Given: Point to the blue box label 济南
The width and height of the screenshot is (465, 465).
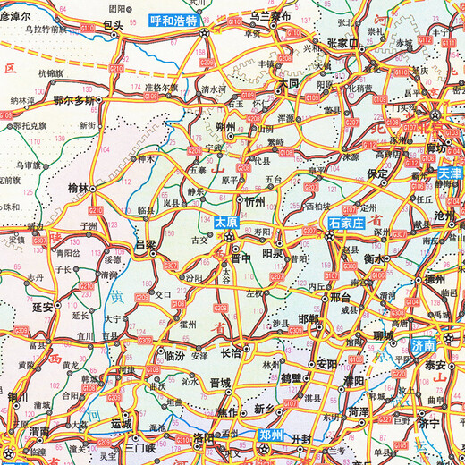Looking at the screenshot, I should click(423, 343).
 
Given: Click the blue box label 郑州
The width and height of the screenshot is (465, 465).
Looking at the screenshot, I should click(270, 435).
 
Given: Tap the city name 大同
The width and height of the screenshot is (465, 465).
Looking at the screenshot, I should click(288, 81).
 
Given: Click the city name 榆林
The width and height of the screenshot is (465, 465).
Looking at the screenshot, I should click(80, 189).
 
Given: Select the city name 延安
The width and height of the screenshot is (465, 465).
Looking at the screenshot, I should click(44, 306).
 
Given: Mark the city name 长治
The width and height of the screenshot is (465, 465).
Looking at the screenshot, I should click(231, 353).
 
